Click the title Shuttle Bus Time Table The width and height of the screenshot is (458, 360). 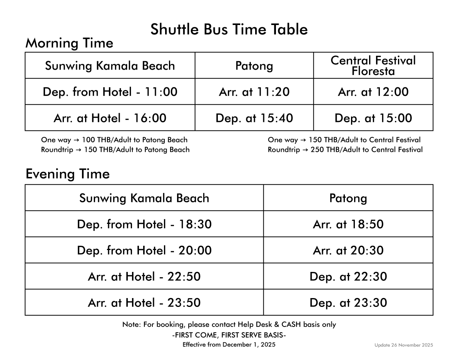[229, 30]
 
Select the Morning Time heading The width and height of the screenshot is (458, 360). [69, 43]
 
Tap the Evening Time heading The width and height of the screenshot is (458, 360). [67, 174]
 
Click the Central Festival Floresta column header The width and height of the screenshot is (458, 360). [373, 65]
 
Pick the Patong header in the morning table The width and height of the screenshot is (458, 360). [254, 66]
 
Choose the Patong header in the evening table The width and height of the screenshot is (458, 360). [348, 198]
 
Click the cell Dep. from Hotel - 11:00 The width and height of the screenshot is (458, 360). [110, 92]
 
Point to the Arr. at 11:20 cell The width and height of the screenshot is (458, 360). [254, 92]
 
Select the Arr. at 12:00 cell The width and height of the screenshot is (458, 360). [373, 92]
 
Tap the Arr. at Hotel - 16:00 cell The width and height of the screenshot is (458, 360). [110, 118]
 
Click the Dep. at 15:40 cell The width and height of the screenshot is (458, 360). [254, 118]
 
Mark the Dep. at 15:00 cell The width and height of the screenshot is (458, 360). [373, 118]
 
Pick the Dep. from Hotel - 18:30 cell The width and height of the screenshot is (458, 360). [144, 224]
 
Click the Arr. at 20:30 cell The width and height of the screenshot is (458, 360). [348, 250]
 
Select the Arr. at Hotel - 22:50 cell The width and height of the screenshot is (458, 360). [144, 277]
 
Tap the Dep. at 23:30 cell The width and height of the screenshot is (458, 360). [348, 303]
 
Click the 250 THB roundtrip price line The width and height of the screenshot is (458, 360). [345, 150]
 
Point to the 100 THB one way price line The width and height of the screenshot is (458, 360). [114, 140]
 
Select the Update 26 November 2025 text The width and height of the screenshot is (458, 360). [404, 345]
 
